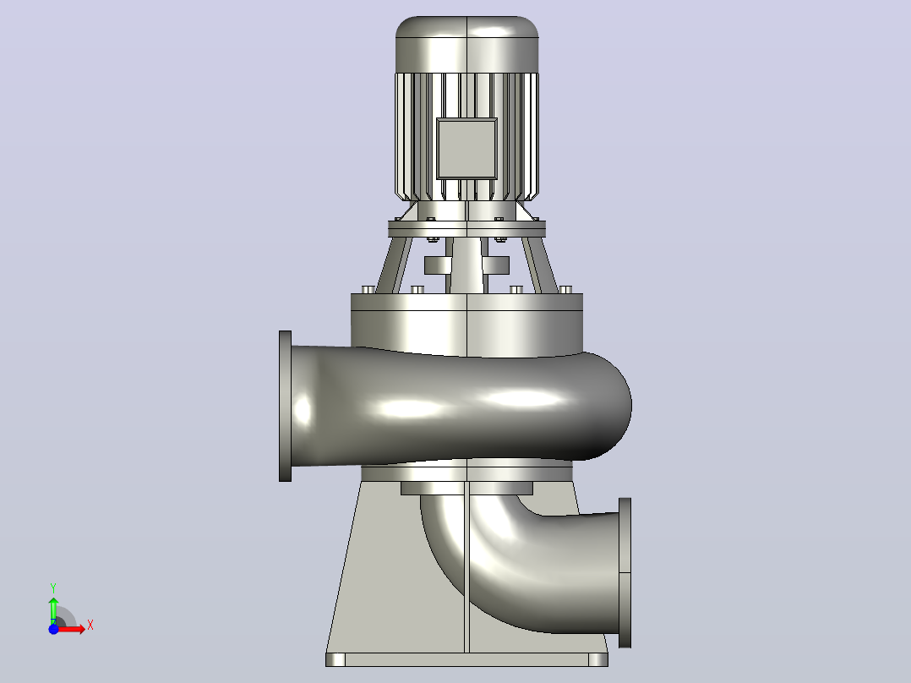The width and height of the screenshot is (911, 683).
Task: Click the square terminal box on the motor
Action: (x=466, y=149)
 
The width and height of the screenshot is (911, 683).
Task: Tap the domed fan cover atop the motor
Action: (x=467, y=44)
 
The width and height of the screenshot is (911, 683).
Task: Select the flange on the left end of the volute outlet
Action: (x=286, y=407)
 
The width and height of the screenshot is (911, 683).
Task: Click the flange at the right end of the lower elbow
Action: (x=625, y=572)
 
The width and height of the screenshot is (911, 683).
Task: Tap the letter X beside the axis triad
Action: (x=90, y=626)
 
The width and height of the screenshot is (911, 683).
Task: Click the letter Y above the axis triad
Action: (x=53, y=588)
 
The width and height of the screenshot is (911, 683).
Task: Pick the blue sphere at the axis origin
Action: (x=53, y=629)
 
